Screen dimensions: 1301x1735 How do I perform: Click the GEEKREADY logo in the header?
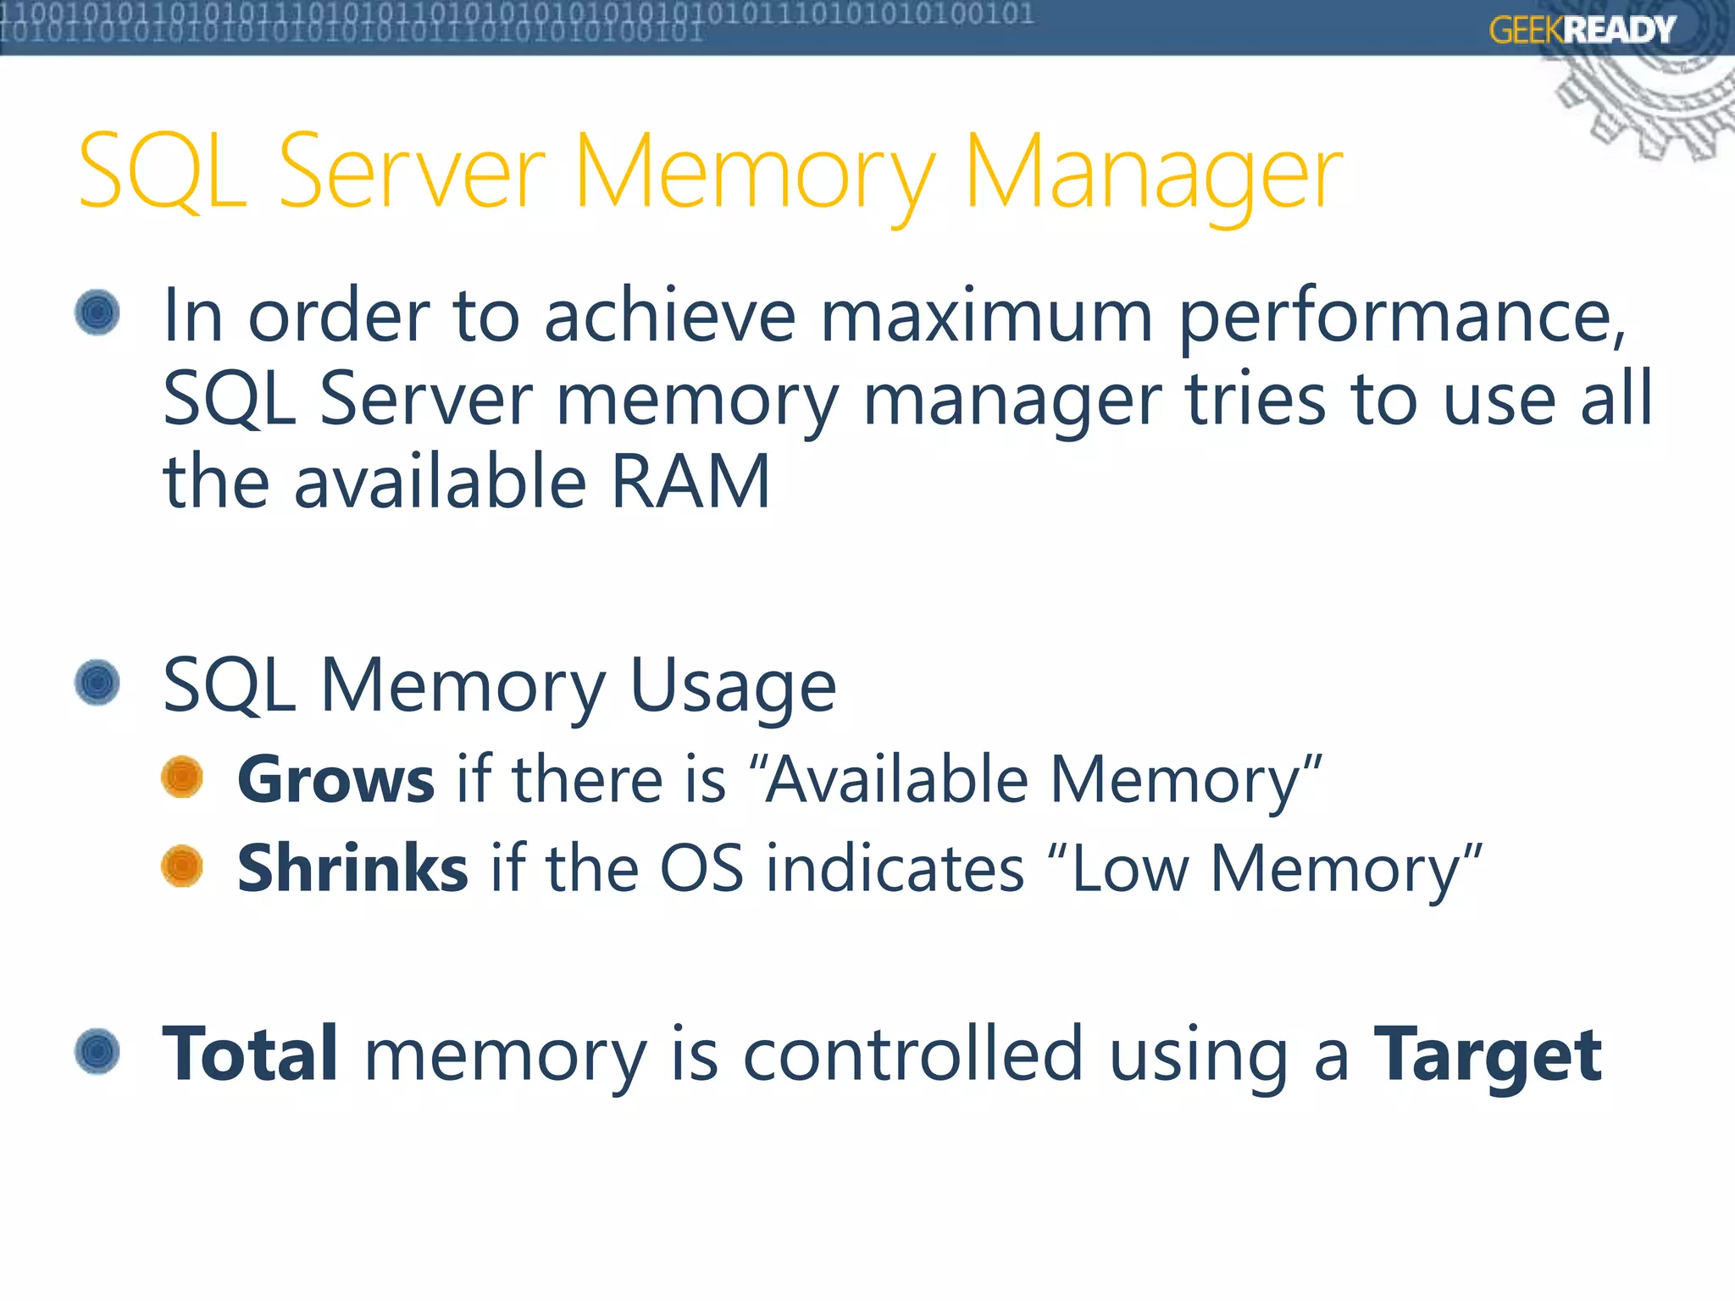point(1582,30)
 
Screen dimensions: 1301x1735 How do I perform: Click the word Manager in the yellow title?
point(1153,174)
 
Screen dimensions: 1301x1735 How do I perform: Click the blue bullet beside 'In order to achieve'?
point(97,313)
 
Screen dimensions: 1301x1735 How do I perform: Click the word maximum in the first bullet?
point(986,315)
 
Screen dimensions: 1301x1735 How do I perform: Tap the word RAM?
point(690,481)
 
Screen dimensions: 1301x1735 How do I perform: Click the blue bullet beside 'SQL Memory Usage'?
point(97,683)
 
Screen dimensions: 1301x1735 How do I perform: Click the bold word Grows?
point(335,779)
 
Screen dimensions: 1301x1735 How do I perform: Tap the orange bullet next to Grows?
point(182,777)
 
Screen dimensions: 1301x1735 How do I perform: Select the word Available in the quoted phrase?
point(896,779)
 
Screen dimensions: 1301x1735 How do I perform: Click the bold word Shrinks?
point(352,868)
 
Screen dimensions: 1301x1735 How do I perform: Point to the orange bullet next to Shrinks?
point(182,866)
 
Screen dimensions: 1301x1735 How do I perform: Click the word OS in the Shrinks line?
point(701,869)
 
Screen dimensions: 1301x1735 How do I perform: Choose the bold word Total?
point(250,1054)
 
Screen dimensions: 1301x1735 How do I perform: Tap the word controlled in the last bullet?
point(913,1054)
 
